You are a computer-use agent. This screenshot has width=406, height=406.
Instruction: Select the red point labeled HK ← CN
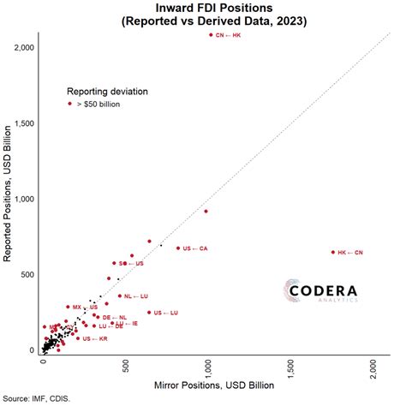click(x=332, y=252)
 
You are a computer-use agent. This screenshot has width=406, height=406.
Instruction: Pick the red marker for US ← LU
click(x=149, y=313)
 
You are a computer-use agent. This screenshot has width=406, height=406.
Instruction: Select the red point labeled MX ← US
click(x=69, y=307)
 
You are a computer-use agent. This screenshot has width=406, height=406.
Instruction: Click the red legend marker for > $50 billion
click(x=69, y=103)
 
